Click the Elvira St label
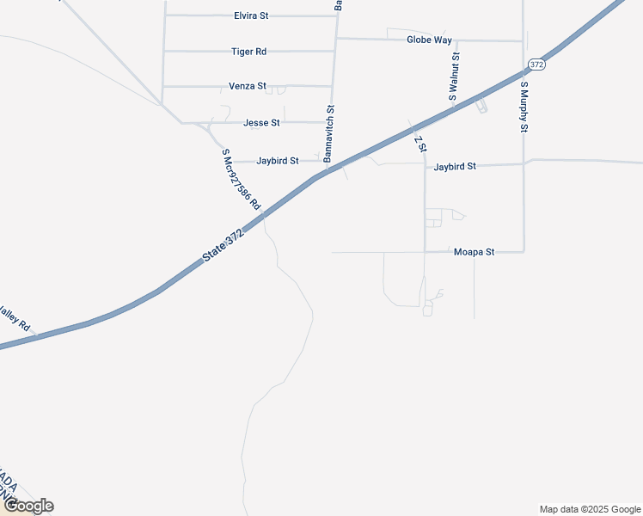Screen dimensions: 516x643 [x=251, y=15]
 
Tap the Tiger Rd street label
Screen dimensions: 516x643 [x=249, y=52]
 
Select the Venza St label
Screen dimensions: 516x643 [x=248, y=87]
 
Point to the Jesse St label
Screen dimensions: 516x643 [x=261, y=123]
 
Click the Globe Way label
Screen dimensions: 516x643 [x=429, y=40]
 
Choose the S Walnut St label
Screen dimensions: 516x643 [x=455, y=77]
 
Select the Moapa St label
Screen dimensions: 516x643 [x=474, y=252]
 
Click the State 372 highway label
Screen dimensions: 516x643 [x=224, y=245]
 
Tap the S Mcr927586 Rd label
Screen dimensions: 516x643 [x=241, y=179]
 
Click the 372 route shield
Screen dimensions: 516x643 [x=537, y=64]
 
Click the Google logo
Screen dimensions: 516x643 [x=28, y=506]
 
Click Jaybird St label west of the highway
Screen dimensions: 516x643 [x=278, y=161]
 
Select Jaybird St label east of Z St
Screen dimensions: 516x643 [x=455, y=166]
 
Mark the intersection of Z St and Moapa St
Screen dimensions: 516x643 [x=425, y=252]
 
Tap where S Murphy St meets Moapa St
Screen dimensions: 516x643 [x=524, y=252]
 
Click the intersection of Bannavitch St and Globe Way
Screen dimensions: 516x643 [x=334, y=38]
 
